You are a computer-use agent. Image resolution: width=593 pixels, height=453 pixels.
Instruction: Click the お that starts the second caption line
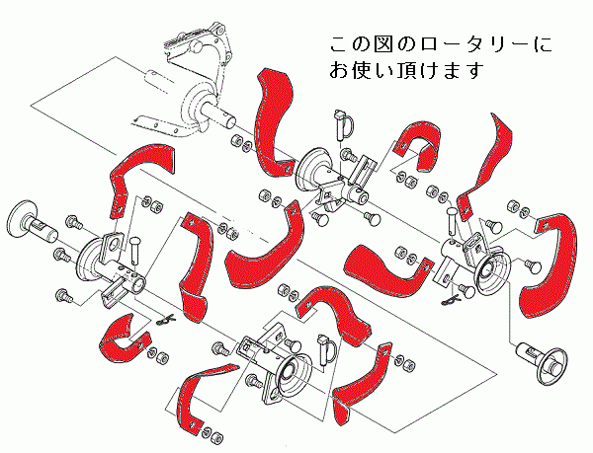[340, 72]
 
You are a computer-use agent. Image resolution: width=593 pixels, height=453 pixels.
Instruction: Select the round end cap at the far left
[25, 218]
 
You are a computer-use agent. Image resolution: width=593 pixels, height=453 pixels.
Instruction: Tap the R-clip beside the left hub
[167, 321]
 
